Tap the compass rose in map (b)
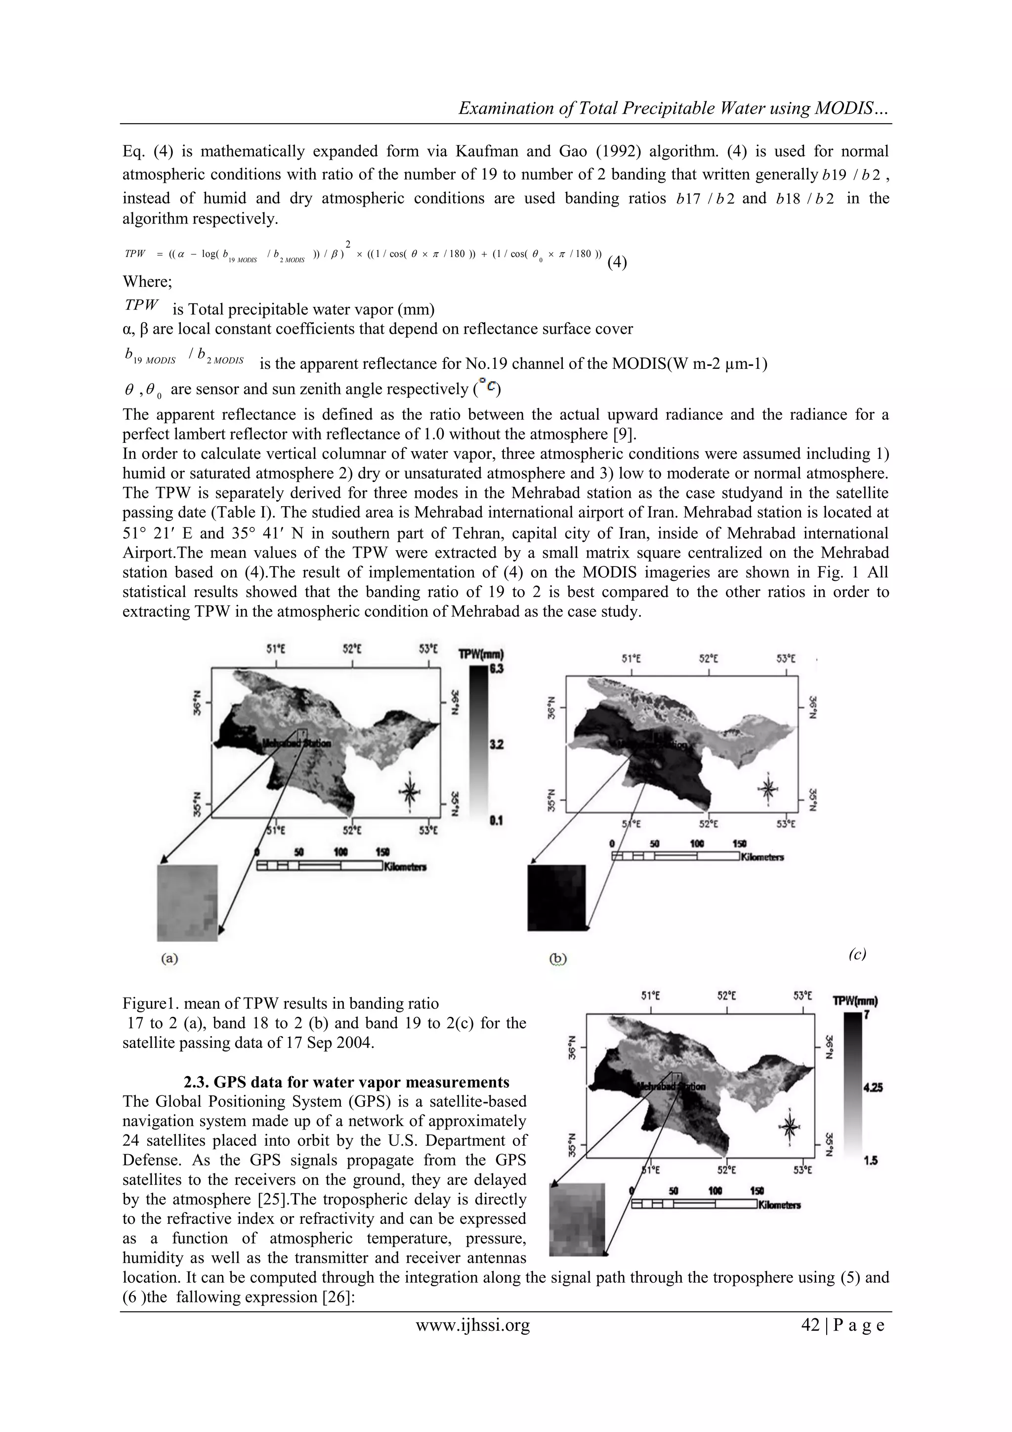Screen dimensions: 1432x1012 point(767,788)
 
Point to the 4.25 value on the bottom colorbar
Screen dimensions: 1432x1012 point(871,1088)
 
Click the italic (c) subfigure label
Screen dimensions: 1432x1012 point(857,954)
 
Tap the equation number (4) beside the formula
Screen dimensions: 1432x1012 point(617,262)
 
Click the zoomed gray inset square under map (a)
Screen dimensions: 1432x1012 point(187,903)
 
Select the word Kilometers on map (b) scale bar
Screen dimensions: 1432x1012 point(762,857)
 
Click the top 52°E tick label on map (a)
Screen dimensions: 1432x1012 point(352,649)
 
